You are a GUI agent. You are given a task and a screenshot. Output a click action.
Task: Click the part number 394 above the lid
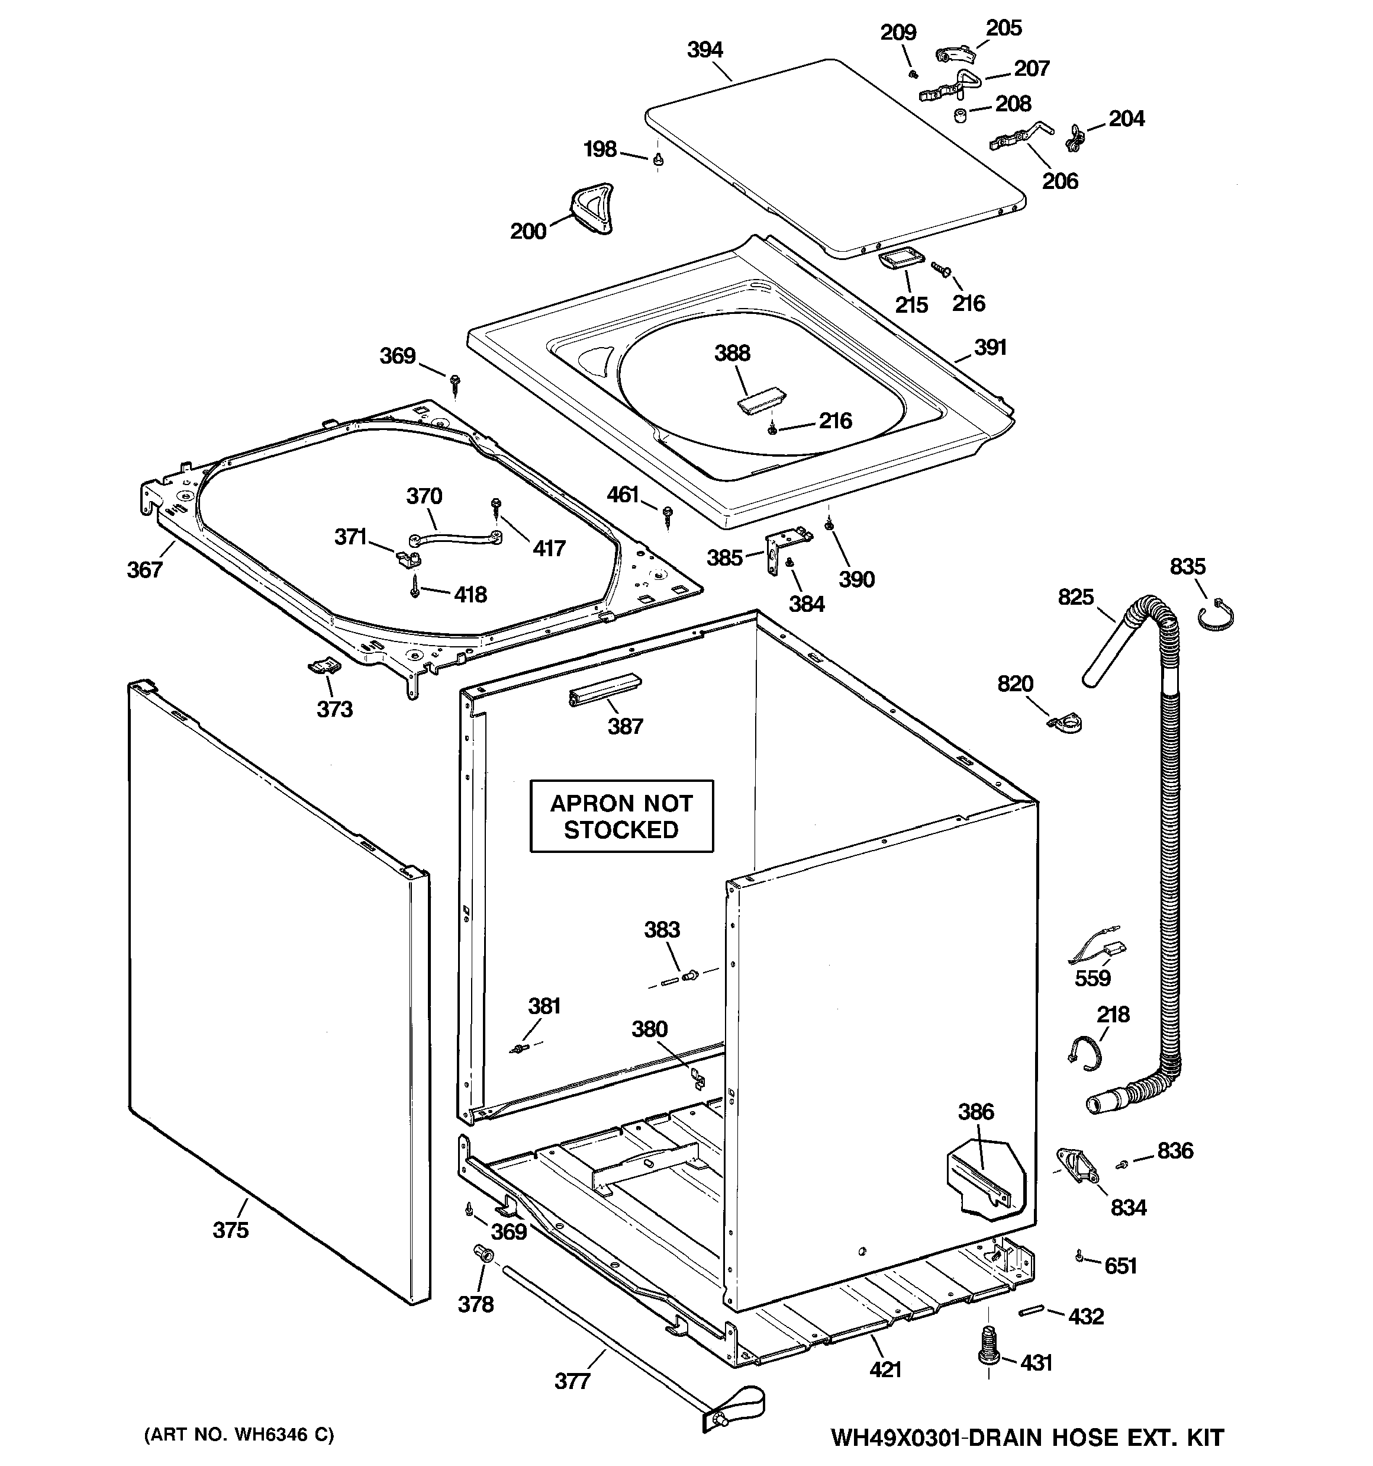(x=705, y=50)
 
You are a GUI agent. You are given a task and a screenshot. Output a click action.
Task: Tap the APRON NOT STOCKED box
(x=621, y=816)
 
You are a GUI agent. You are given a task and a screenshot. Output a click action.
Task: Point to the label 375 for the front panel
(x=231, y=1230)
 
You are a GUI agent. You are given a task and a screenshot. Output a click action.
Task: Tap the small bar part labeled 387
(x=604, y=689)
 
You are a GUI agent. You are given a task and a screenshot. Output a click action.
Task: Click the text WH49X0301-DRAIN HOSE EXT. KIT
(x=1027, y=1437)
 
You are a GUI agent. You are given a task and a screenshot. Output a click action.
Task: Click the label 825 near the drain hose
(x=1075, y=596)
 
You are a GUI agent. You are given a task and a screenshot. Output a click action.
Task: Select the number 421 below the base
(x=885, y=1369)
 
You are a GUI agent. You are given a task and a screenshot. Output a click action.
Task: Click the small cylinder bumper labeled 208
(x=961, y=115)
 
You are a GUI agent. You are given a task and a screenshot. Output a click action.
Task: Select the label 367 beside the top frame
(x=144, y=569)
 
